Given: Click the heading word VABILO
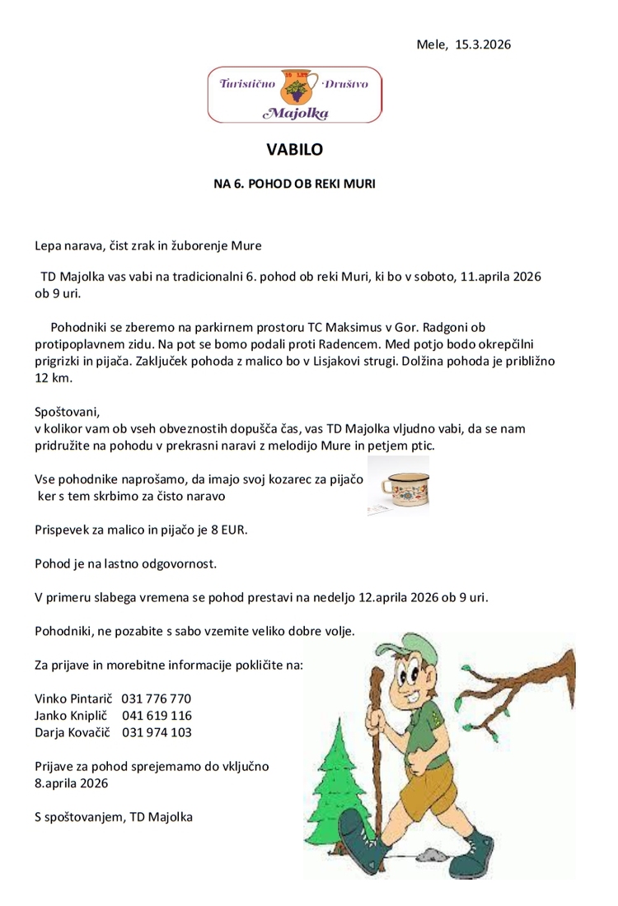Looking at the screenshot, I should [295, 150].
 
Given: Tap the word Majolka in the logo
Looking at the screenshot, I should [294, 110].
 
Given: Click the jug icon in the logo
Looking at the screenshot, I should [294, 85].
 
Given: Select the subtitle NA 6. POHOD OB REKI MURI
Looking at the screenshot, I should [294, 184].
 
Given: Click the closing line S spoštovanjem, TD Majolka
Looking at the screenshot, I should [114, 817].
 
